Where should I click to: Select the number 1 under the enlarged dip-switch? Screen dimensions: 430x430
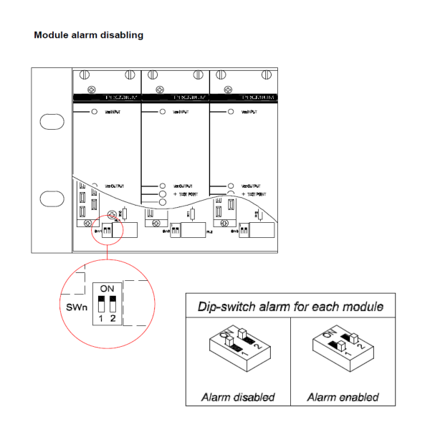click(101, 319)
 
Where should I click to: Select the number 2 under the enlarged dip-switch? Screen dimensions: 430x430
click(113, 319)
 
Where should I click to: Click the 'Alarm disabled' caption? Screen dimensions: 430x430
click(238, 396)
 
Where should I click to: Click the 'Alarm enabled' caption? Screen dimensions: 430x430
click(342, 396)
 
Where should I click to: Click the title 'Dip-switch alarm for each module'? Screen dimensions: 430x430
click(290, 307)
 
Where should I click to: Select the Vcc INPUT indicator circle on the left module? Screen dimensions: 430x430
click(95, 113)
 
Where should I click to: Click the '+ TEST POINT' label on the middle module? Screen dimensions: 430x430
click(186, 194)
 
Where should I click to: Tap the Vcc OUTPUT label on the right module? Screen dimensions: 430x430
click(254, 185)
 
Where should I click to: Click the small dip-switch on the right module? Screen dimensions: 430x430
click(244, 232)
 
